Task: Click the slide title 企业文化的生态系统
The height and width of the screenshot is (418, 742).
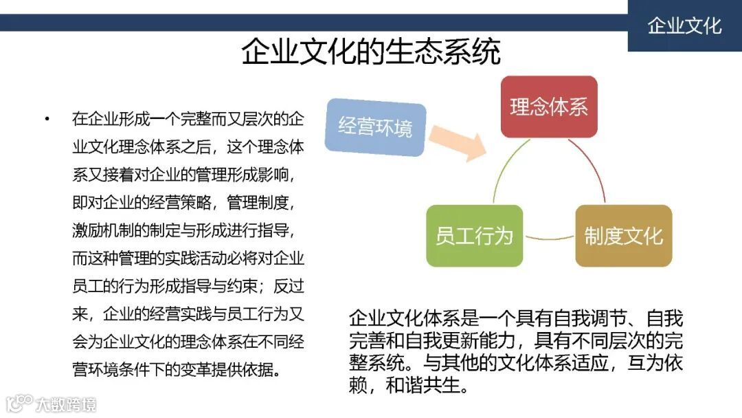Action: pyautogui.click(x=371, y=52)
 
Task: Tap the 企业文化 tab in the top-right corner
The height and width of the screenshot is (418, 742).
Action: pyautogui.click(x=684, y=26)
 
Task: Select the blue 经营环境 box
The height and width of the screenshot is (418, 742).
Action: pyautogui.click(x=375, y=127)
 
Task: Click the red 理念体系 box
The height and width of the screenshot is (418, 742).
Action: pyautogui.click(x=548, y=107)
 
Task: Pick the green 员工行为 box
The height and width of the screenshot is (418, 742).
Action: pyautogui.click(x=474, y=236)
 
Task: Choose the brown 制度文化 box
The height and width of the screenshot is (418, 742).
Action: pyautogui.click(x=623, y=236)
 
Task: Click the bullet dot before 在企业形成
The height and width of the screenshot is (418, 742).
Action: pyautogui.click(x=47, y=119)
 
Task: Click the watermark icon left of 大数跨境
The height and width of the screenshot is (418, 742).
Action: pyautogui.click(x=19, y=403)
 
